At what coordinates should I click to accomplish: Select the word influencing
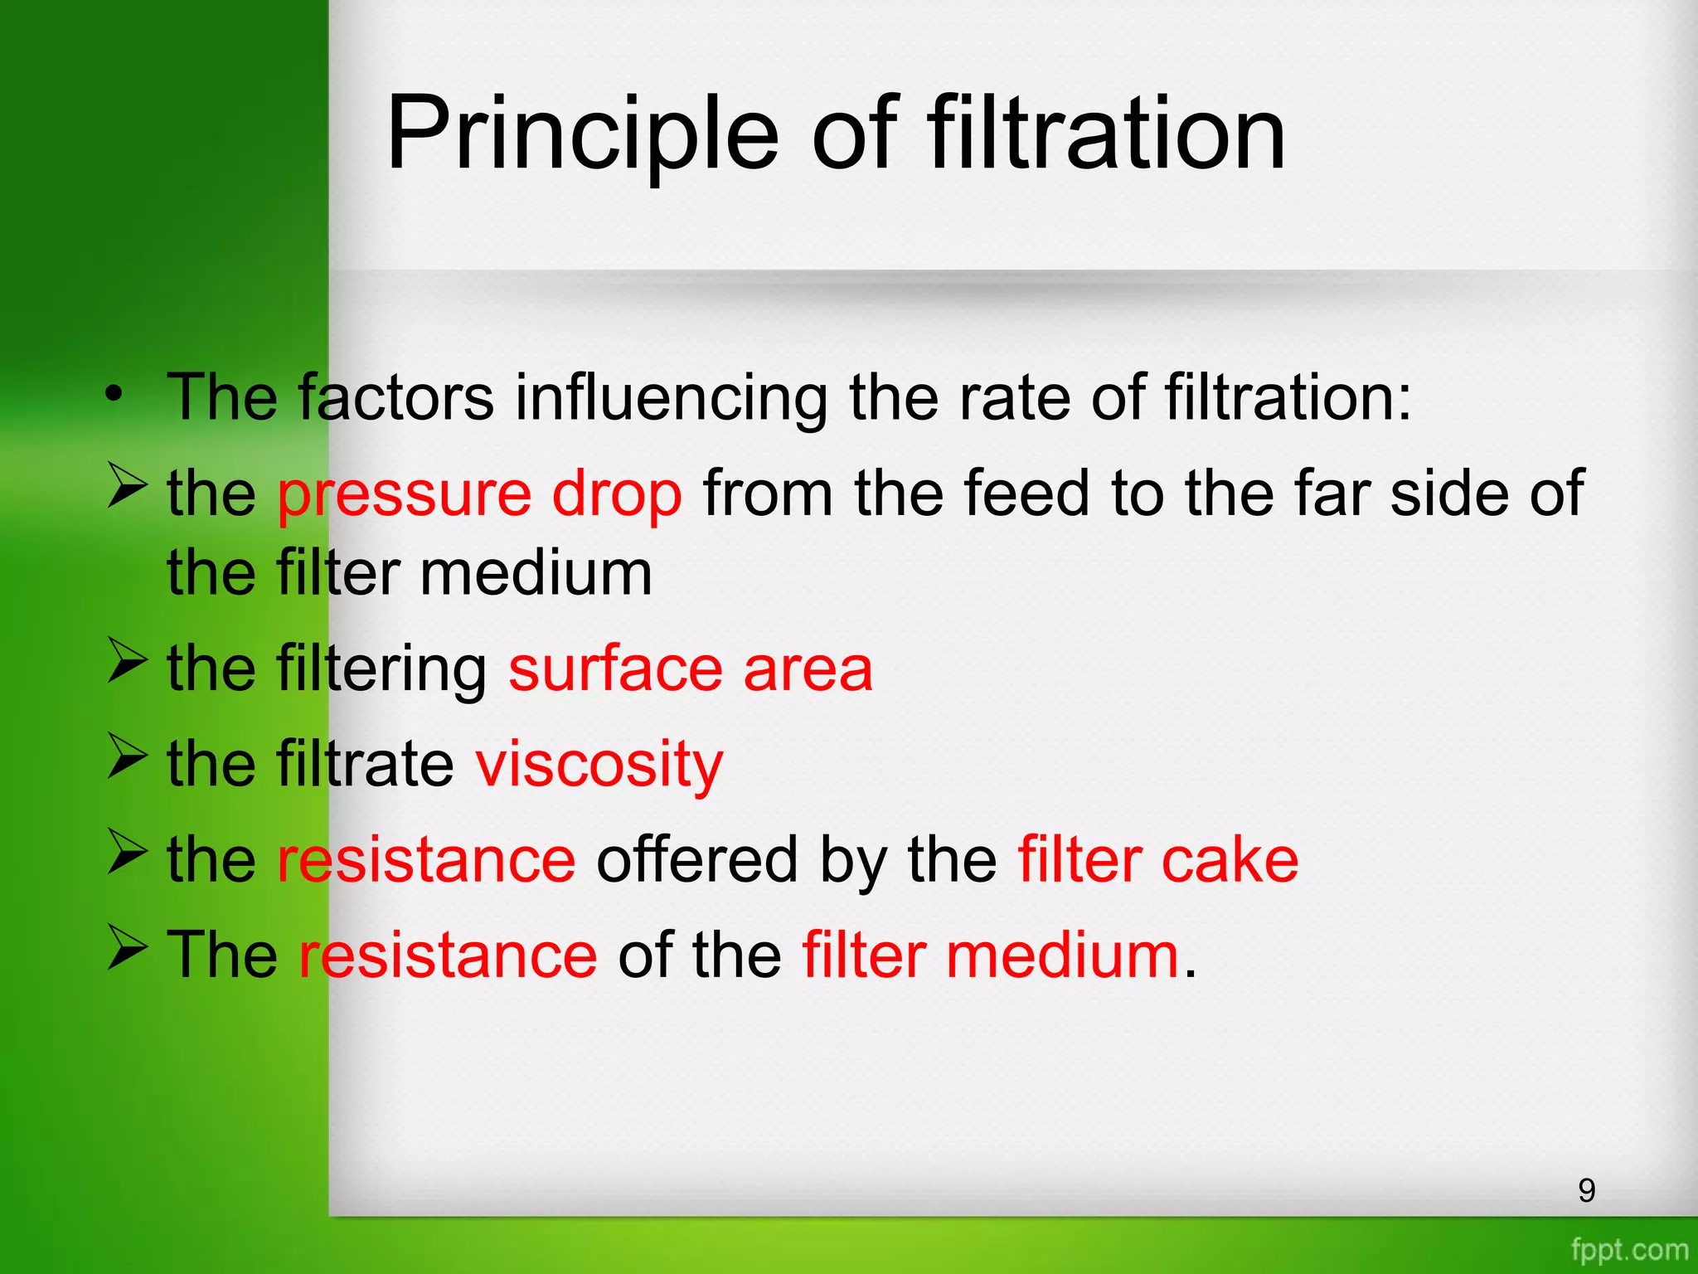pos(670,399)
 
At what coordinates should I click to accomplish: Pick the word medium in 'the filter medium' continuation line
pos(536,574)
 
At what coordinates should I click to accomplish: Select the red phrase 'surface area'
pos(690,669)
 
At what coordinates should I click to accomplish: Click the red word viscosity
pos(599,765)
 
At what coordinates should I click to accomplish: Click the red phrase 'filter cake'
pos(1157,860)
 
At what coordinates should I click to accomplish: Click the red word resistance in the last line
pos(448,955)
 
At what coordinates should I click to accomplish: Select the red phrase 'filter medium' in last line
pos(990,955)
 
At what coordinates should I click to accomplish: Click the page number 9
pos(1586,1191)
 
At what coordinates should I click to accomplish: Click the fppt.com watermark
pos(1629,1249)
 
